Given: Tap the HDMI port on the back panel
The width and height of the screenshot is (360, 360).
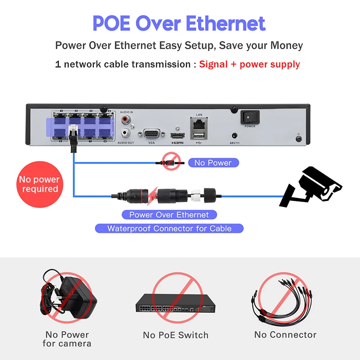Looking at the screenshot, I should (x=178, y=135).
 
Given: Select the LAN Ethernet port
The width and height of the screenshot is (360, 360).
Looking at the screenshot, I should (x=199, y=122).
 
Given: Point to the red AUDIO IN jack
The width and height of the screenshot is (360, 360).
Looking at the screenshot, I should (x=126, y=120).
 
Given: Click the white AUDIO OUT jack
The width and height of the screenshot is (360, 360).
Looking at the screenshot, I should (x=126, y=134).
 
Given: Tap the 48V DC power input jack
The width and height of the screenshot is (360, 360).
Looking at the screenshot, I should (x=234, y=135).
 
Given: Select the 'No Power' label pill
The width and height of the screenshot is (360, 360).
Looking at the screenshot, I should (x=213, y=162).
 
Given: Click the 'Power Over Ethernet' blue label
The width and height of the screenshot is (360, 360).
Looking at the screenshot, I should (x=169, y=215).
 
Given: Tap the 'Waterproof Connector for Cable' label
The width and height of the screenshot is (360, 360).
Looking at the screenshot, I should (x=169, y=228).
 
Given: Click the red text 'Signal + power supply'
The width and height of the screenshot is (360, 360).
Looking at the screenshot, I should (x=249, y=64).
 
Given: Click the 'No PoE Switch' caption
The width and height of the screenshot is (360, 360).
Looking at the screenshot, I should (x=175, y=335).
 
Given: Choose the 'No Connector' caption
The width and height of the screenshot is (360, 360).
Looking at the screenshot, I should (x=285, y=335).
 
